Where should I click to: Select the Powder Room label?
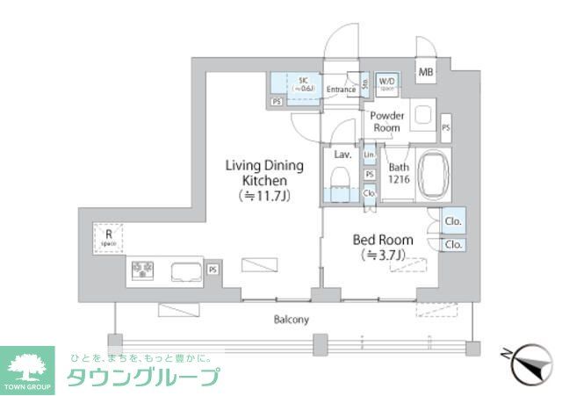pyautogui.click(x=386, y=121)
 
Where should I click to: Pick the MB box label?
pyautogui.click(x=425, y=72)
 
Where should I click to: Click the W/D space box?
pyautogui.click(x=387, y=83)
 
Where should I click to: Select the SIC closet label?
pyautogui.click(x=303, y=84)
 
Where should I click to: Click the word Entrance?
pyautogui.click(x=341, y=90)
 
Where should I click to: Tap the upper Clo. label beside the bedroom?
pyautogui.click(x=454, y=221)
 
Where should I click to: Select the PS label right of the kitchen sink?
pyautogui.click(x=213, y=269)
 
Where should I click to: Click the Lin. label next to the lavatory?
pyautogui.click(x=370, y=155)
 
